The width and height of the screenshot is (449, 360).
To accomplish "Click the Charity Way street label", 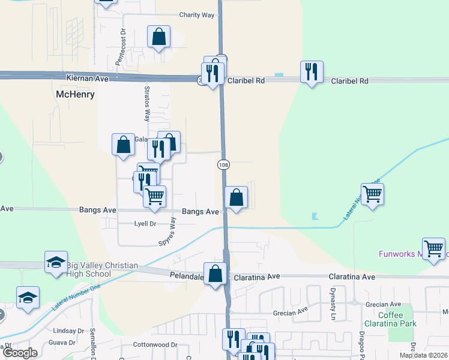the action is click(x=196, y=16).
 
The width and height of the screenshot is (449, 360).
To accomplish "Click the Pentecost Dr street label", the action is click(x=121, y=49).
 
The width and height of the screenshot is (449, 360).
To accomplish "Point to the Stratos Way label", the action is click(x=147, y=104).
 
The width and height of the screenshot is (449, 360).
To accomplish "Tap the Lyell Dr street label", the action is click(x=145, y=224).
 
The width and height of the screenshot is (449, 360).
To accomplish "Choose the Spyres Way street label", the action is click(x=168, y=233).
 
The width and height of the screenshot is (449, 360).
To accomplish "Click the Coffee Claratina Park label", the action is click(x=391, y=320).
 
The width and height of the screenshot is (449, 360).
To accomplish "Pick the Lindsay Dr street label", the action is click(x=68, y=331).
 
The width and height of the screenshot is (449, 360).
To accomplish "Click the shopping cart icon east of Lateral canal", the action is click(x=372, y=194).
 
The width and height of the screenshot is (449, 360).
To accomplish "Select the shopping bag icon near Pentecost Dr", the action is click(x=158, y=37).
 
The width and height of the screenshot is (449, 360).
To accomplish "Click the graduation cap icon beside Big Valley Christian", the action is click(x=56, y=262).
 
